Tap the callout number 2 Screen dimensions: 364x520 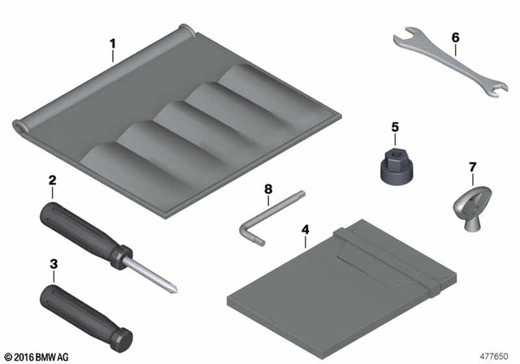click(52, 182)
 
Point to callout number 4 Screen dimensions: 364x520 click(305, 230)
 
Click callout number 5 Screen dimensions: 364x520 click(395, 127)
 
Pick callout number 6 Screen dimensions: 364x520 click(455, 37)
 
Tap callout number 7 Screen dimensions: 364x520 click(472, 169)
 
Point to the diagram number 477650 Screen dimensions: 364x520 click(492, 355)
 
